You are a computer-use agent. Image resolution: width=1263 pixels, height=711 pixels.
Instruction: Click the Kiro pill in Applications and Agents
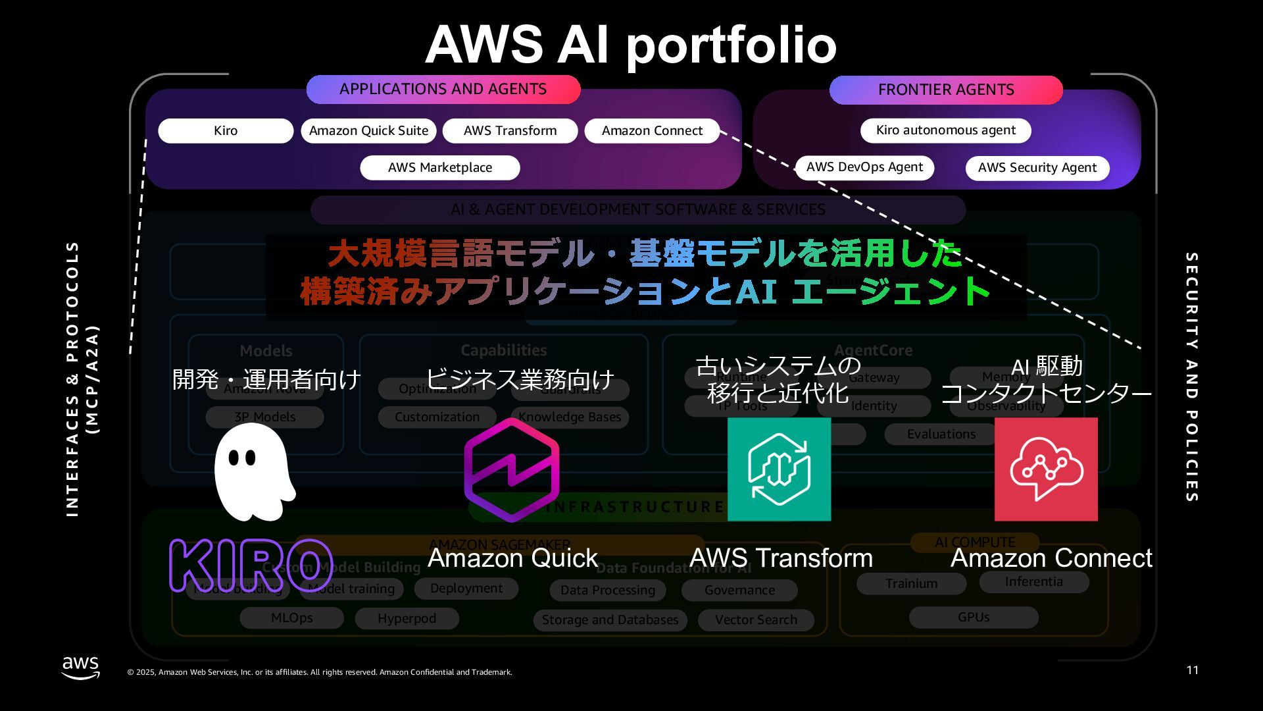[x=226, y=130]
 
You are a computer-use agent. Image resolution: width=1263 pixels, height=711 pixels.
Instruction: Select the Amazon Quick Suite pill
[x=368, y=130]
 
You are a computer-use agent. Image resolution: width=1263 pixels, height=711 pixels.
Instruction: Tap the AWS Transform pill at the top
[x=510, y=130]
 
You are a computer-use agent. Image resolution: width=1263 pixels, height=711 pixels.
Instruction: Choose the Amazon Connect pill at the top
[x=652, y=130]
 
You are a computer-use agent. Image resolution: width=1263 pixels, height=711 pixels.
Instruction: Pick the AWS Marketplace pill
[x=439, y=167]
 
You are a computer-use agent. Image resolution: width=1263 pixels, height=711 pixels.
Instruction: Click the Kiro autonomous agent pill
[x=945, y=130]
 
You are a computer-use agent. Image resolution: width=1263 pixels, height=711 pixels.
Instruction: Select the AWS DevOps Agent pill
[x=864, y=167]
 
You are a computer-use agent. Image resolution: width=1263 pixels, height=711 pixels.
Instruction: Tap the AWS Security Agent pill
[x=1037, y=168]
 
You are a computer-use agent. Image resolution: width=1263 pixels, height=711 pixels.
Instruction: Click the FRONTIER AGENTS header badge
[x=945, y=90]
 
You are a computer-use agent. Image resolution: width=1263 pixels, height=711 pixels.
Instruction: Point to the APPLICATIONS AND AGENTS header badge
[x=443, y=90]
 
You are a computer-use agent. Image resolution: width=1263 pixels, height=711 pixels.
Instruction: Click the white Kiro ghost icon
[x=254, y=471]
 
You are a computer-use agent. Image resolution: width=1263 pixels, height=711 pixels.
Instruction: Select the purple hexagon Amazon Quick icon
[x=511, y=469]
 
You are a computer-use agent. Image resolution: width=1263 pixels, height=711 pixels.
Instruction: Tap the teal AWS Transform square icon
[x=779, y=469]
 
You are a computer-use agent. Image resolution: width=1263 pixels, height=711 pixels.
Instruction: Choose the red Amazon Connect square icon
[x=1046, y=469]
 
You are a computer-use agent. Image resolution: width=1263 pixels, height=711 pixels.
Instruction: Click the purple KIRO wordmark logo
[x=251, y=566]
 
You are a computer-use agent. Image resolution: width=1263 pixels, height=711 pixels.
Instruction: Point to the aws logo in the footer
[x=80, y=667]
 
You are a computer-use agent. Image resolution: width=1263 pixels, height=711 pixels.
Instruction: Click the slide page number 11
[x=1192, y=670]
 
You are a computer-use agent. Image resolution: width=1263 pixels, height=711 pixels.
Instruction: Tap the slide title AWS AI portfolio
[x=631, y=45]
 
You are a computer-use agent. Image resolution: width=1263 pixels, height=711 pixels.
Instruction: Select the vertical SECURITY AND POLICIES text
[x=1191, y=377]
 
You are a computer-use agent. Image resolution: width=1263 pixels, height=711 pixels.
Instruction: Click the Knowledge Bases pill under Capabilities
[x=570, y=417]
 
